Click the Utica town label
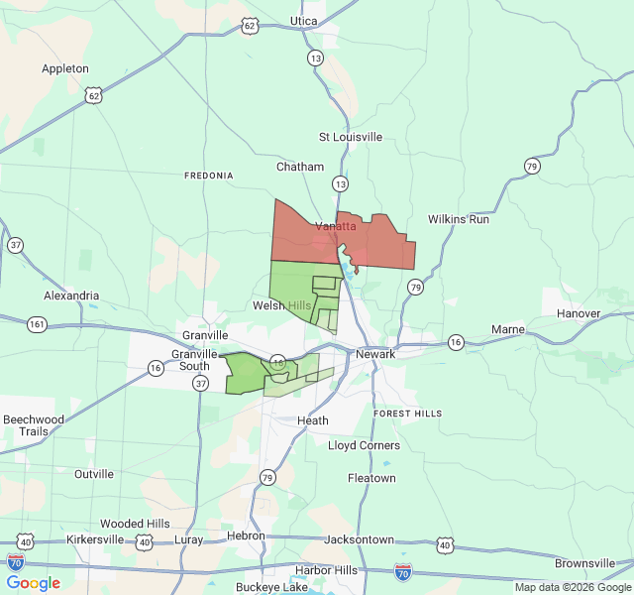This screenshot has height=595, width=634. click(x=304, y=21)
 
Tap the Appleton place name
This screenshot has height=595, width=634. click(x=65, y=68)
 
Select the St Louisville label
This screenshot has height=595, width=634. click(x=350, y=136)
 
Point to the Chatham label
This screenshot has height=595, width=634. click(x=300, y=167)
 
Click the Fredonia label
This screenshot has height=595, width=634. click(x=209, y=176)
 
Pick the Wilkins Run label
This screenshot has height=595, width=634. click(x=459, y=218)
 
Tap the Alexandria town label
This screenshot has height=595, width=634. click(x=71, y=296)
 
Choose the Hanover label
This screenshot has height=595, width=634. click(x=579, y=313)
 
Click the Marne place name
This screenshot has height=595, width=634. click(x=508, y=328)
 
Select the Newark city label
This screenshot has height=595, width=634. click(x=376, y=354)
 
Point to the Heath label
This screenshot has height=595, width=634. click(x=313, y=420)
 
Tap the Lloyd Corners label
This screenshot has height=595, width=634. click(x=365, y=445)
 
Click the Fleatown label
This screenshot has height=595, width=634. click(x=371, y=478)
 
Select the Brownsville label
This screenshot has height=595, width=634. click(x=585, y=563)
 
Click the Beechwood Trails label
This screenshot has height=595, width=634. click(x=34, y=425)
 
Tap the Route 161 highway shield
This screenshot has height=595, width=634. click(x=37, y=324)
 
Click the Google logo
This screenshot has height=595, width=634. click(x=34, y=583)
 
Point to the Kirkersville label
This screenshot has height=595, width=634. click(x=96, y=539)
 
